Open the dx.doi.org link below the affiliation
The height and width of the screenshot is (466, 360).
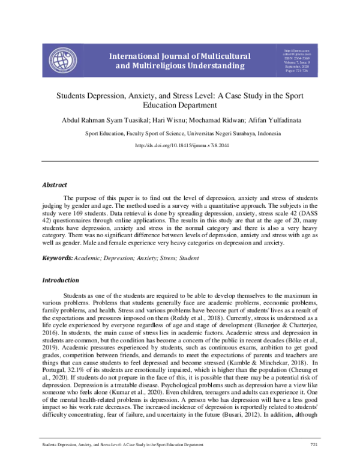[x=179, y=146]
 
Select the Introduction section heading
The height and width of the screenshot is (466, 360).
[x=60, y=280]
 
